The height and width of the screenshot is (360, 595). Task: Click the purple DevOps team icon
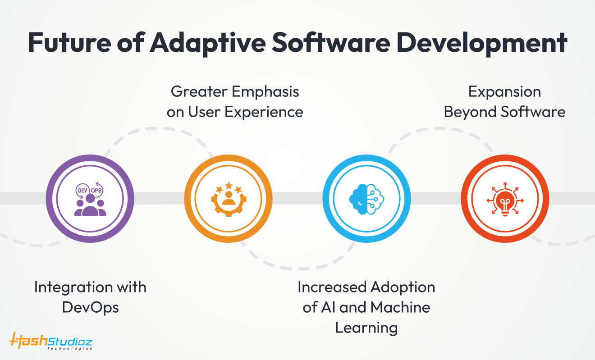pos(90,199)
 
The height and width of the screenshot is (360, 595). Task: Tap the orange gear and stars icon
pos(228,199)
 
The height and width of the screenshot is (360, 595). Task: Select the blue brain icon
pos(366,199)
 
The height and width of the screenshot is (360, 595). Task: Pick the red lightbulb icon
pos(505,199)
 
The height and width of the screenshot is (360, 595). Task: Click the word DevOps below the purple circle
pos(90,307)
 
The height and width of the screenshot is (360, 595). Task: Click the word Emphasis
pos(265,92)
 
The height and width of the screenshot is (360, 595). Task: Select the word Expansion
pos(504,92)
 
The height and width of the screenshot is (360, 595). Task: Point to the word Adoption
pos(402,287)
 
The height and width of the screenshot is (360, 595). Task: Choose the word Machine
pos(400,307)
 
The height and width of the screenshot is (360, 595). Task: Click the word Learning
pos(366,328)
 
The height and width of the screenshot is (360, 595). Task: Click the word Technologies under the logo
pos(70,348)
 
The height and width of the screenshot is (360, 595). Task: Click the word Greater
pos(198,92)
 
